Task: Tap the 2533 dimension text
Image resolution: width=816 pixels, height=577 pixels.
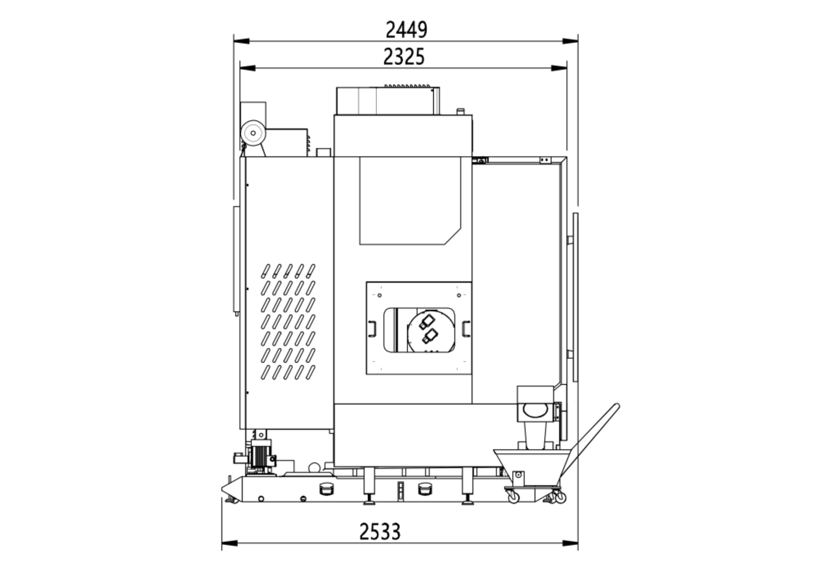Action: point(380,532)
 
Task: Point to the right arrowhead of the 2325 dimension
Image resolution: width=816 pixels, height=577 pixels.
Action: point(559,68)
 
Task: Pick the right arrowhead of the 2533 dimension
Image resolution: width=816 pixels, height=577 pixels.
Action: point(570,543)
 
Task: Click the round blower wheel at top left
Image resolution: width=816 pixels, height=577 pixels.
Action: point(253,133)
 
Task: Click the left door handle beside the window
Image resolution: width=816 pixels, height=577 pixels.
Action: point(372,329)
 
